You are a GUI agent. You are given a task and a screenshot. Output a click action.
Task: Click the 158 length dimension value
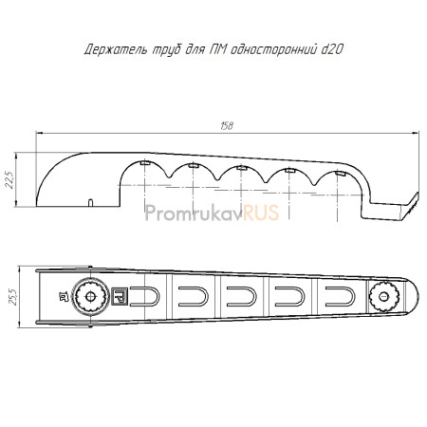point(227,126)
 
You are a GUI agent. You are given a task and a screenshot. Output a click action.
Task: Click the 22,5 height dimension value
point(10,180)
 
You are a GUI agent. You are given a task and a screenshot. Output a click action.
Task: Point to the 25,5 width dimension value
point(13,296)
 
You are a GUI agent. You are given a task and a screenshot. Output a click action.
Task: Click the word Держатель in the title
point(116,50)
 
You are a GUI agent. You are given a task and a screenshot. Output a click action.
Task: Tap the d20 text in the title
point(332,49)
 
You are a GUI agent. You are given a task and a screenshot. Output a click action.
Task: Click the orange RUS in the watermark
point(261,213)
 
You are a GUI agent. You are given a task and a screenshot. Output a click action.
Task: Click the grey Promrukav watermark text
point(195,213)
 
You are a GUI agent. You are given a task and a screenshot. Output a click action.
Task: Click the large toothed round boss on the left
point(90,296)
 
